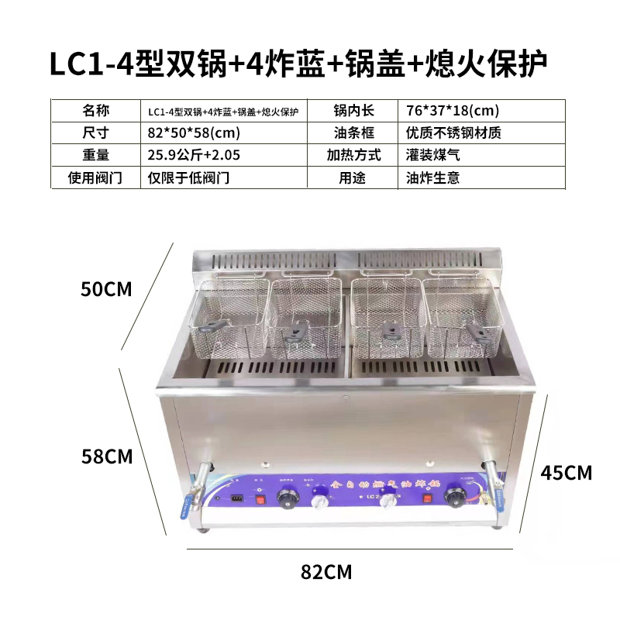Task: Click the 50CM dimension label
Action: pyautogui.click(x=107, y=290)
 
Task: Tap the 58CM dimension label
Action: pyautogui.click(x=107, y=456)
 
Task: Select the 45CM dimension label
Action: pyautogui.click(x=566, y=472)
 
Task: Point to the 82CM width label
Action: pyautogui.click(x=325, y=573)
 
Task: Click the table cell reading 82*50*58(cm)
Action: pyautogui.click(x=189, y=133)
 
